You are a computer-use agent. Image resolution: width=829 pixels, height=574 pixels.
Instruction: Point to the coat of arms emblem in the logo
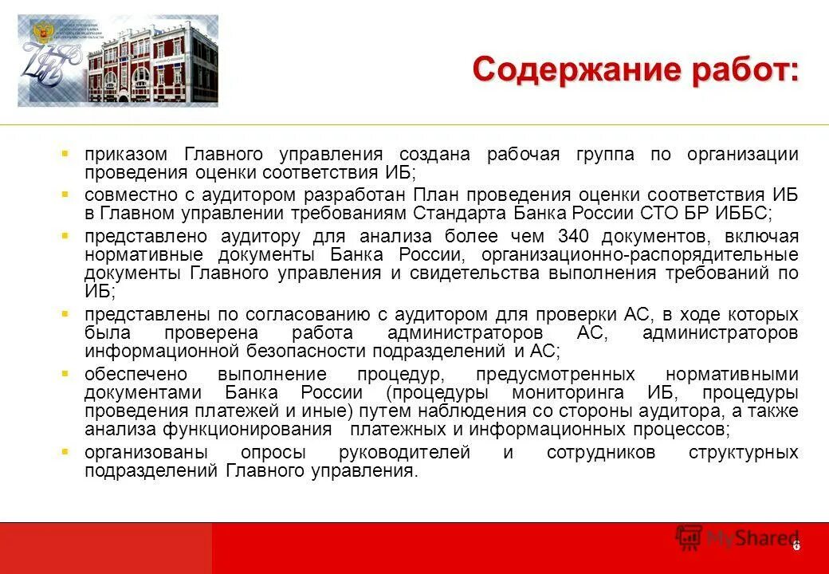point(40,33)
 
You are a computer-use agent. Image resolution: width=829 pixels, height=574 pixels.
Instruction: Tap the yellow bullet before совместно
point(65,194)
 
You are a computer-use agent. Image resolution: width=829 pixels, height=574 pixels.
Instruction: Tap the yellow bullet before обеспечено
point(65,373)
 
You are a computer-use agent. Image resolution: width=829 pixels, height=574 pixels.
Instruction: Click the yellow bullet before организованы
point(65,451)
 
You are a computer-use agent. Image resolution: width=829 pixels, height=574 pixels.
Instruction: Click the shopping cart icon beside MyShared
point(689,538)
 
